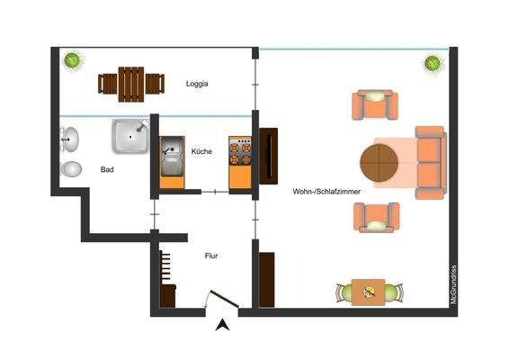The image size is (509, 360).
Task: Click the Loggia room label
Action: pos(197,84)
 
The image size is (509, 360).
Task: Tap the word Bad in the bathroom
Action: pos(107,169)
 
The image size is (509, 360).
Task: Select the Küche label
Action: pos(201,152)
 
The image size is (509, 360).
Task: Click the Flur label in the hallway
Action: pos(211,256)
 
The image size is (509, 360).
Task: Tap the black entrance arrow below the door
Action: pos(223,326)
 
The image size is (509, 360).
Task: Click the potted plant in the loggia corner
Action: pos(72,60)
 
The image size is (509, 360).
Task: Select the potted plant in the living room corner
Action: pos(433,64)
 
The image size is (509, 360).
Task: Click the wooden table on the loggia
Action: pos(131,83)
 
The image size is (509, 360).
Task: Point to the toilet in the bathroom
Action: pos(69,169)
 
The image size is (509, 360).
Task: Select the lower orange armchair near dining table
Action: pos(374,217)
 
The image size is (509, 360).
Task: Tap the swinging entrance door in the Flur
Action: pos(218,300)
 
